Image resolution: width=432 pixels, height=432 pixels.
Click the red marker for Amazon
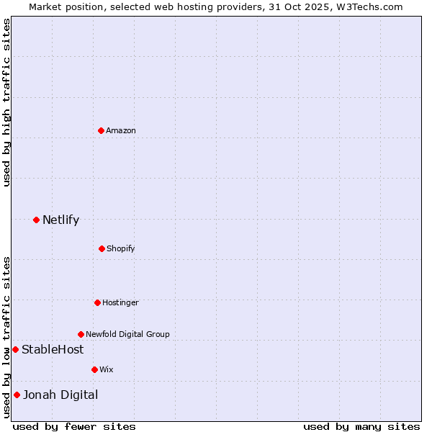point(101,130)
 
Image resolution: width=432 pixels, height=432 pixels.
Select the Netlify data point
point(36,220)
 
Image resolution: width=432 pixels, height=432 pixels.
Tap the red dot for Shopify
point(102,248)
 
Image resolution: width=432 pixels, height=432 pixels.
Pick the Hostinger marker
point(97,302)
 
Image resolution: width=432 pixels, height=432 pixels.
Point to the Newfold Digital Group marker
point(81,334)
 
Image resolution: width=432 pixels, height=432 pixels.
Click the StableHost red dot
point(15,349)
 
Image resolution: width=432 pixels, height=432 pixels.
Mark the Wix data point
point(94,369)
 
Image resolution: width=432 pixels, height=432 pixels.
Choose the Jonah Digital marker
point(17,395)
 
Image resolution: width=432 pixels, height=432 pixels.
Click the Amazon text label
point(121,130)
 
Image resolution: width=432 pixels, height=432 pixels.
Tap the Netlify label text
point(60,220)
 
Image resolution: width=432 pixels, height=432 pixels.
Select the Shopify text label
point(121,248)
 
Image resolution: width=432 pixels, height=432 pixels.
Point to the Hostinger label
point(120,302)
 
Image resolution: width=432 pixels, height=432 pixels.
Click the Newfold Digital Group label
point(127,334)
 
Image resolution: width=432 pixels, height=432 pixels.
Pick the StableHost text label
point(53,350)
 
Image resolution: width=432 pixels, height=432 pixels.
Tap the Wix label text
point(107,369)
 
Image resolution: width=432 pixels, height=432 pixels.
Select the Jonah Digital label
point(60,395)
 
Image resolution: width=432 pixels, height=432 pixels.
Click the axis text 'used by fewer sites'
point(74,426)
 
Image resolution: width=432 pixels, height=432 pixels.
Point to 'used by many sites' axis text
point(361,426)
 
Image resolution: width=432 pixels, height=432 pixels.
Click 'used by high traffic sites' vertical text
point(7,102)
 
